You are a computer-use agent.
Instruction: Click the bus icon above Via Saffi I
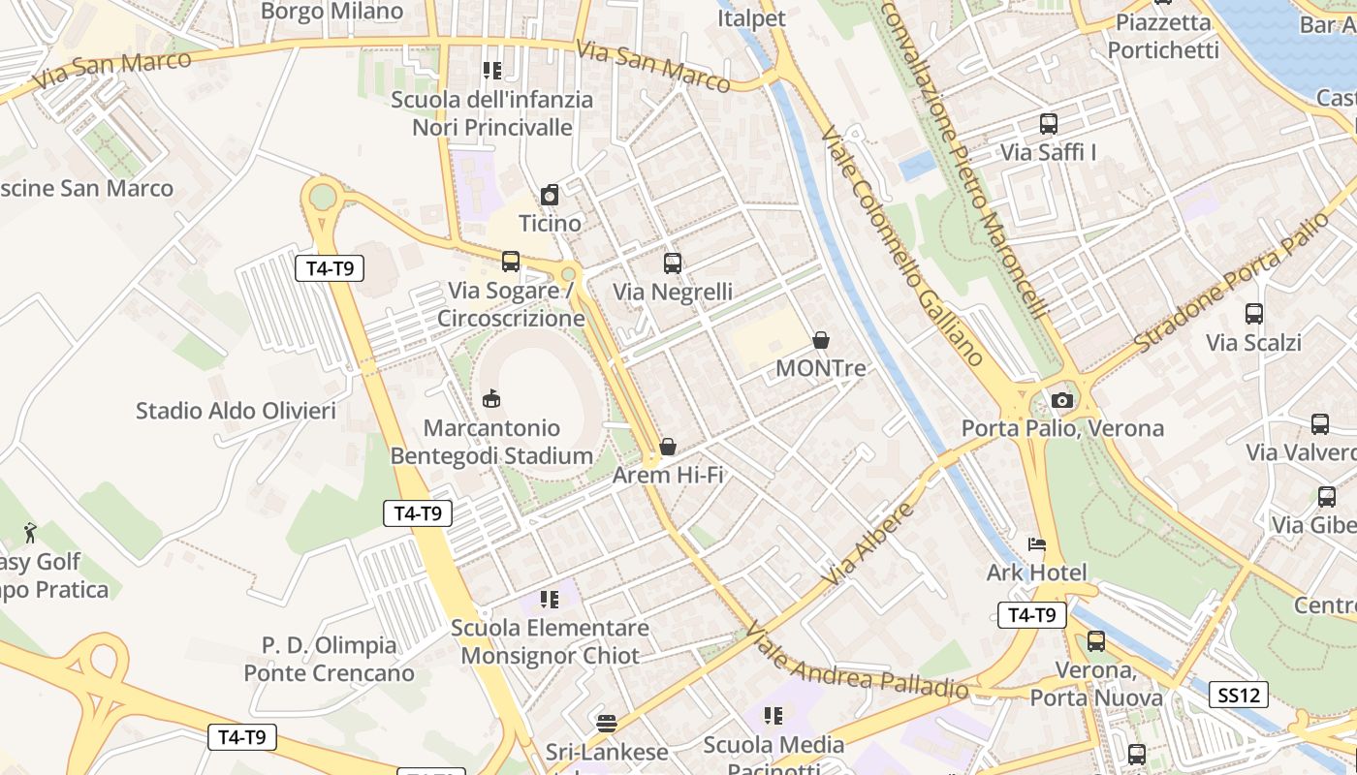coord(1048,124)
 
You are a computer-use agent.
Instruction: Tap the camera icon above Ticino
coord(550,195)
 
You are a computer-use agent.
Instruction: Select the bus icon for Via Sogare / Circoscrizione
coord(511,262)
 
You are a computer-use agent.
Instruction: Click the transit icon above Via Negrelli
coord(673,263)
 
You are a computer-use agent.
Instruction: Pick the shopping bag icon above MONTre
coord(821,340)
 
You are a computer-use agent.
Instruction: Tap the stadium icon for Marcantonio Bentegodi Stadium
coord(491,399)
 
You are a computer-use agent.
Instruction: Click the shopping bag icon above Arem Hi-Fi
coord(668,447)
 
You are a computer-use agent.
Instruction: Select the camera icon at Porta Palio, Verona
coord(1062,400)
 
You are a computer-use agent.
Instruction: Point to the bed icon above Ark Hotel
coord(1037,544)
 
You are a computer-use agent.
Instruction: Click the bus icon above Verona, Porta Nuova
coord(1096,641)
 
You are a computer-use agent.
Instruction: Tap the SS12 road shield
coord(1239,695)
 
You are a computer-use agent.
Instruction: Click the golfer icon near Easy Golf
coord(30,533)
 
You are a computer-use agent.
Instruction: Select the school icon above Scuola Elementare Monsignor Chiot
coord(550,600)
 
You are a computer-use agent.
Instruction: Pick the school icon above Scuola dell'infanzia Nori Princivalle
coord(491,71)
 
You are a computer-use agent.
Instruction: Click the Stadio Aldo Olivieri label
coord(236,411)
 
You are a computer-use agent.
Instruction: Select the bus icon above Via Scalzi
coord(1254,314)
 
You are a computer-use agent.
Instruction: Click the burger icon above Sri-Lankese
coord(607,723)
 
